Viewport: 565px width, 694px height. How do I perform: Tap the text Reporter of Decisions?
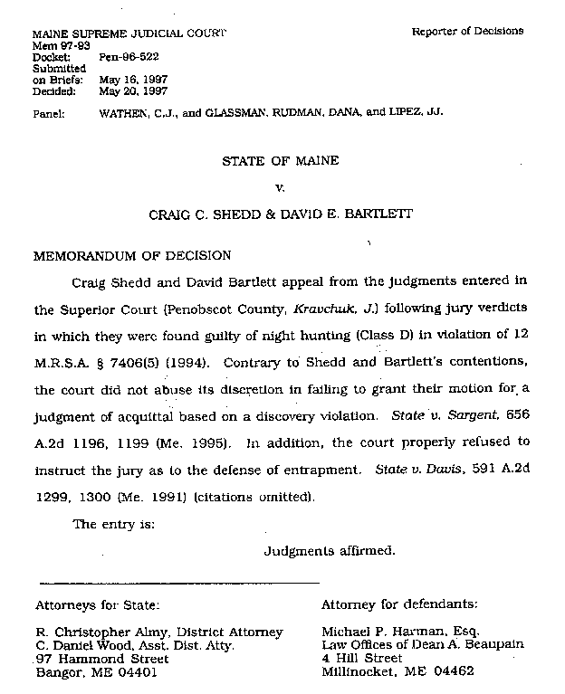pos(467,31)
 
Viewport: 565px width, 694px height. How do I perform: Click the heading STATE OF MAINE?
pos(281,161)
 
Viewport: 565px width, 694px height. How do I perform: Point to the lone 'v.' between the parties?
pos(280,188)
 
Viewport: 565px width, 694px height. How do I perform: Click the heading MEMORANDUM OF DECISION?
pos(132,255)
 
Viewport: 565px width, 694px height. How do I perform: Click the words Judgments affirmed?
pos(329,550)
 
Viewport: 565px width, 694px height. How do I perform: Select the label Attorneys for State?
pos(98,604)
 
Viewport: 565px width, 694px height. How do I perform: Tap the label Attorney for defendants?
pos(399,604)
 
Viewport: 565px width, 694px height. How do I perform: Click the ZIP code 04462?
pos(453,672)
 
